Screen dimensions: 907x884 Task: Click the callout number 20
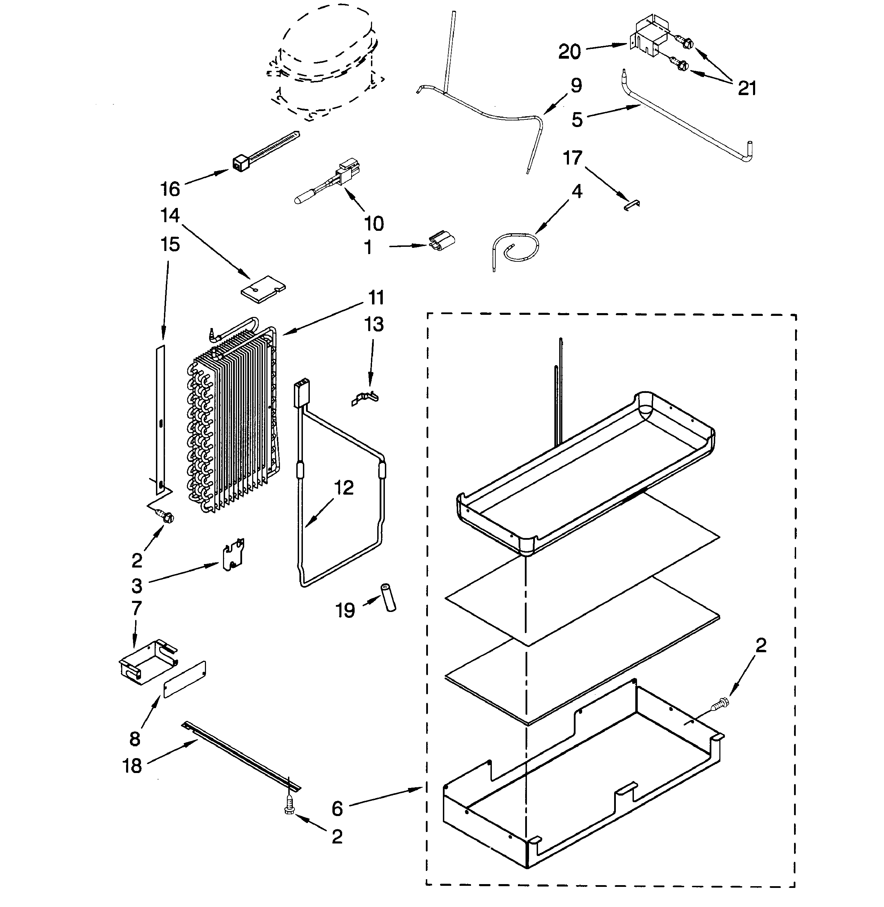click(569, 51)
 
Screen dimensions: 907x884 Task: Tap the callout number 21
click(747, 88)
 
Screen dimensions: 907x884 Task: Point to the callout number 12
click(344, 488)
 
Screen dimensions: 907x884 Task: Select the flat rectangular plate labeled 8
click(184, 680)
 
